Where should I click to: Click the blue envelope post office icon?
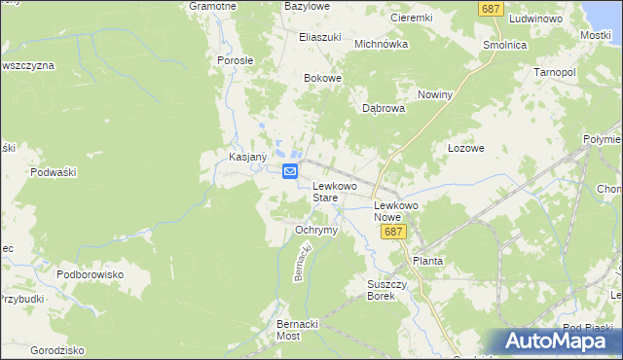coord(290,172)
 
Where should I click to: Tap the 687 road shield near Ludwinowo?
coord(491,8)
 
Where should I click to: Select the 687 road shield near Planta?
coord(393,232)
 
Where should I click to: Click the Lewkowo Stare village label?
coord(334,191)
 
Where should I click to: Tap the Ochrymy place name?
coord(315,231)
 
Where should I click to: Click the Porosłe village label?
coord(236,60)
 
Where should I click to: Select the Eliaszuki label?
coord(319,37)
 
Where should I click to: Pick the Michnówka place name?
coord(380,44)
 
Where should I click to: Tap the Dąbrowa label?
coord(384,109)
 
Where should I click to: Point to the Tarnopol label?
coord(555,73)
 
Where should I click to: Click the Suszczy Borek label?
coord(382,290)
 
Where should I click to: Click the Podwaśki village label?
coord(54,172)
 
